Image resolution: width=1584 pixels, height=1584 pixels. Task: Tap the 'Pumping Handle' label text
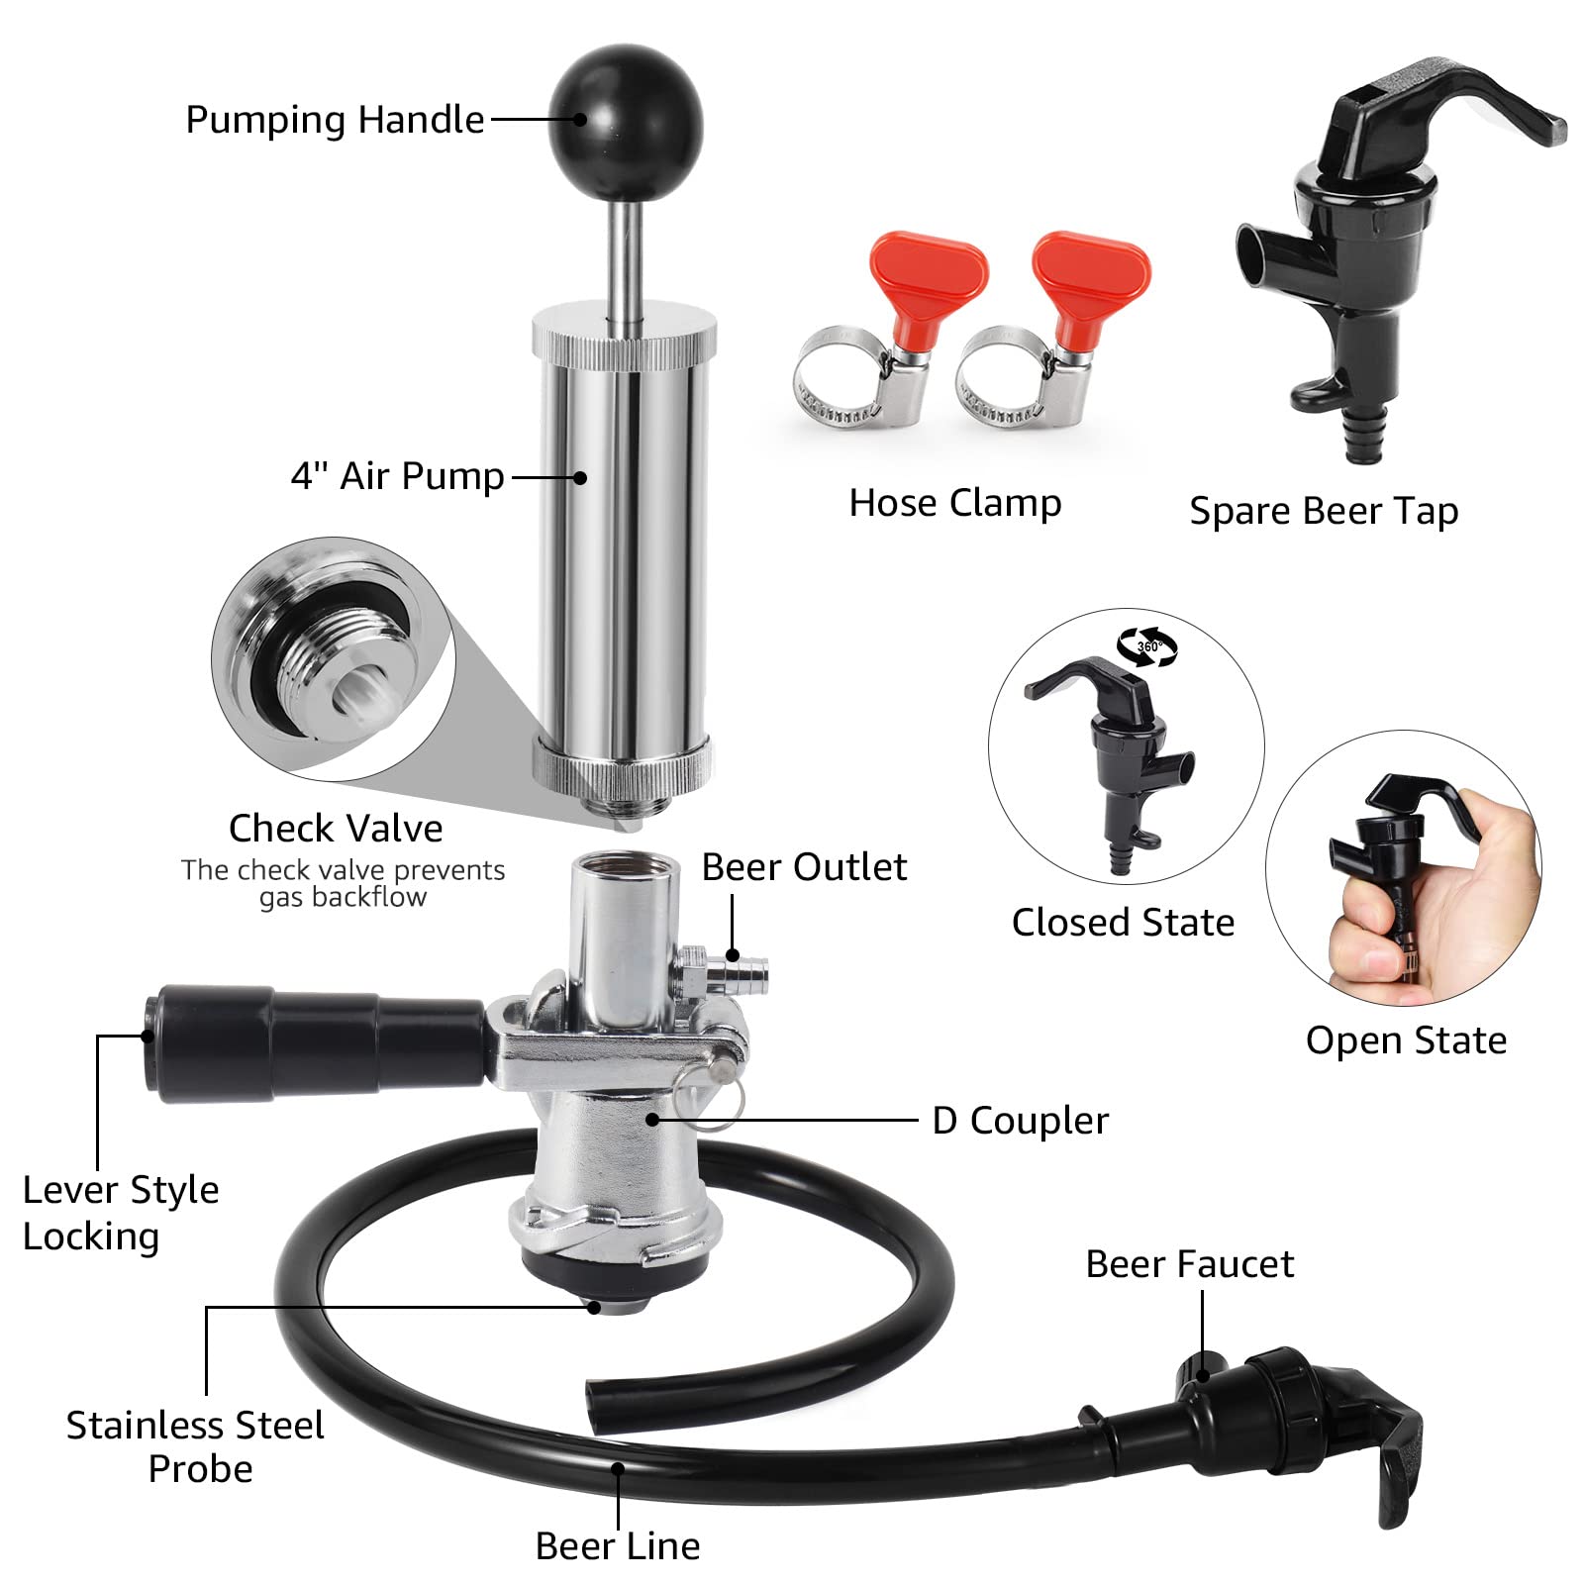pos(335,120)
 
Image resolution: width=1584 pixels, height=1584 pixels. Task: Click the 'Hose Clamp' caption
pos(954,503)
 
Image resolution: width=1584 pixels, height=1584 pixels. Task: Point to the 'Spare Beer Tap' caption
pos(1324,511)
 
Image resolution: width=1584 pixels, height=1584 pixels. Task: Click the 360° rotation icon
pos(1147,646)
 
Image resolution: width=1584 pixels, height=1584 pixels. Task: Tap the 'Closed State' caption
pos(1123,923)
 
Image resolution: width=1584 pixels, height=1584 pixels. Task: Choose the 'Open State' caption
pos(1406,1040)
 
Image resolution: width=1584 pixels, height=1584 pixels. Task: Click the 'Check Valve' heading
pos(336,828)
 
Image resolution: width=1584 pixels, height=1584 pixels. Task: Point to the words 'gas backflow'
pos(343,897)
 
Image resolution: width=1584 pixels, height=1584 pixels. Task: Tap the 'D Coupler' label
pos(1020,1121)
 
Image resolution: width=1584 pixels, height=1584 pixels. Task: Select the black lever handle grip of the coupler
pos(317,1041)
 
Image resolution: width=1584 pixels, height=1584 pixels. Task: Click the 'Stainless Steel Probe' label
pos(196,1446)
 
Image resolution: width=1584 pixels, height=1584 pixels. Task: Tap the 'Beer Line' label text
pos(618,1545)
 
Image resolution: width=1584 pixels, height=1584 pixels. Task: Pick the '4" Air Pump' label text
pos(397,476)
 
